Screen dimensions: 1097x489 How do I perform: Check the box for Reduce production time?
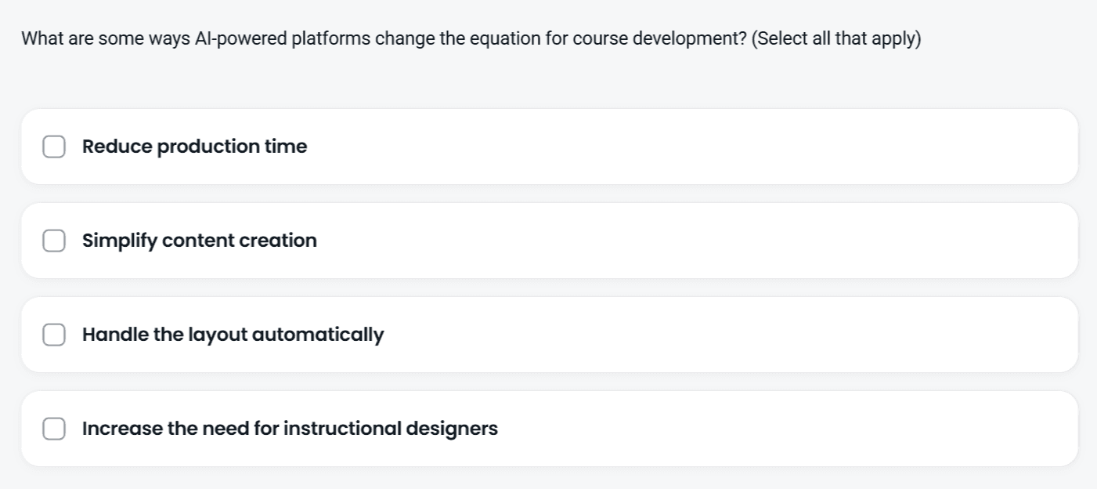click(x=54, y=147)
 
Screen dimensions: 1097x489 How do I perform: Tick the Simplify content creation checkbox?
click(x=54, y=241)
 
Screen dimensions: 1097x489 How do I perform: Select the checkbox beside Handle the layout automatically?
click(x=54, y=335)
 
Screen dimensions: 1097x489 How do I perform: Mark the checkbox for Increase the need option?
click(x=54, y=429)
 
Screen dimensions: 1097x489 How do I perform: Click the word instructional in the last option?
click(x=342, y=428)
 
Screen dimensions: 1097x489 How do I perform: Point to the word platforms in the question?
click(x=331, y=38)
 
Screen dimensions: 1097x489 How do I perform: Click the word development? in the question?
click(x=690, y=39)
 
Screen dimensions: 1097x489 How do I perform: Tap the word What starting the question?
click(x=42, y=38)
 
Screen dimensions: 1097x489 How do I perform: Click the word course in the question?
click(x=601, y=39)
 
